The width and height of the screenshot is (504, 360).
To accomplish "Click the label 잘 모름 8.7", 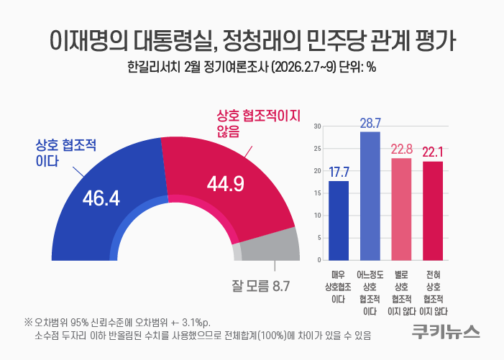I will click(x=260, y=286).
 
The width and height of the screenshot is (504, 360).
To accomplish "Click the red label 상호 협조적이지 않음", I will click(x=258, y=122).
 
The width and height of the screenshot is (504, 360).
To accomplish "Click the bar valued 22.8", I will click(x=401, y=208).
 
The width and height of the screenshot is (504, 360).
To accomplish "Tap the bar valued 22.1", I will click(x=432, y=210).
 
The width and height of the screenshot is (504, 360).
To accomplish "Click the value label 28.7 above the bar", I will click(x=370, y=123).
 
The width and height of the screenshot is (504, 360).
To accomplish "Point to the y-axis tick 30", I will click(x=317, y=126).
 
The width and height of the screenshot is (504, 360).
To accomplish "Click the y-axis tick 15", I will click(x=317, y=193).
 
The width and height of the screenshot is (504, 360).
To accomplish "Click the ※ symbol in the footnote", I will click(x=28, y=320).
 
